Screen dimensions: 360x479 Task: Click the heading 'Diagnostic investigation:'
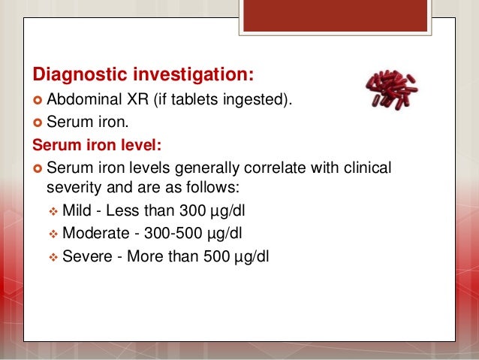click(143, 76)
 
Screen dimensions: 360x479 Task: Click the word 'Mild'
click(77, 209)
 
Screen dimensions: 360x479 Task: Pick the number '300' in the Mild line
click(193, 209)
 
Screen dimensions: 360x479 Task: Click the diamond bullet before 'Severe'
click(53, 256)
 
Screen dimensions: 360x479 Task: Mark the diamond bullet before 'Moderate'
click(53, 233)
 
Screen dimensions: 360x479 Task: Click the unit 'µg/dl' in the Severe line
click(252, 256)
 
